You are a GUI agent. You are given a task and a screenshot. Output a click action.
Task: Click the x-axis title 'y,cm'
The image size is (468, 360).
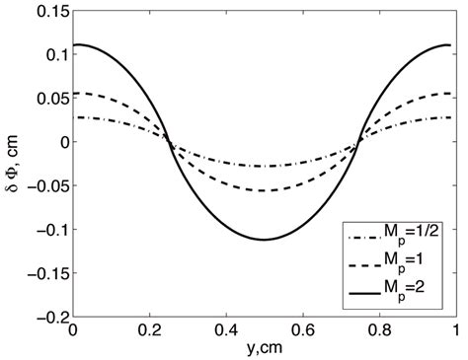[269, 350]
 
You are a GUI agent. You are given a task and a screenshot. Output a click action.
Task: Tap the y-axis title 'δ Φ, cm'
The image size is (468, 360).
[14, 165]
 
